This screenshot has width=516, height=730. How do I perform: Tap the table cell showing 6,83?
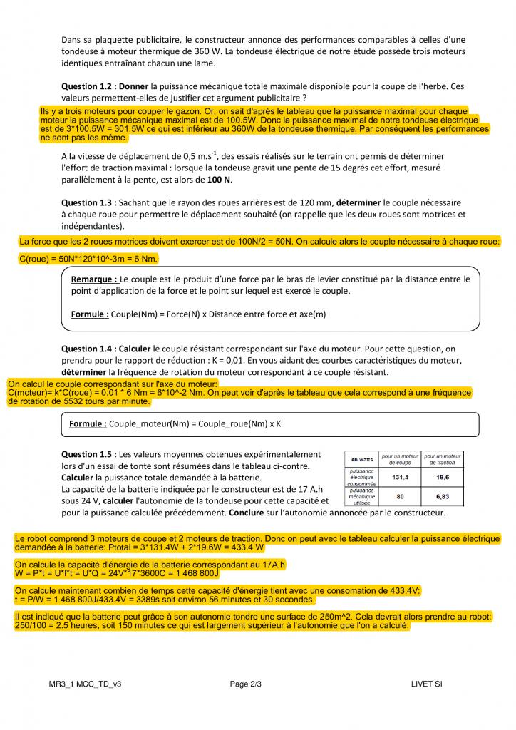coord(442,495)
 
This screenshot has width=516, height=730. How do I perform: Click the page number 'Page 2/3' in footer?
coord(246,684)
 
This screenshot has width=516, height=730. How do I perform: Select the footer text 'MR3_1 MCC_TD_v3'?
coord(80,684)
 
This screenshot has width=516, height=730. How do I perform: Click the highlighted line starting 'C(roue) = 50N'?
coord(88,258)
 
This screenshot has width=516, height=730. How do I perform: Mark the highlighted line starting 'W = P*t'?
coord(118,572)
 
